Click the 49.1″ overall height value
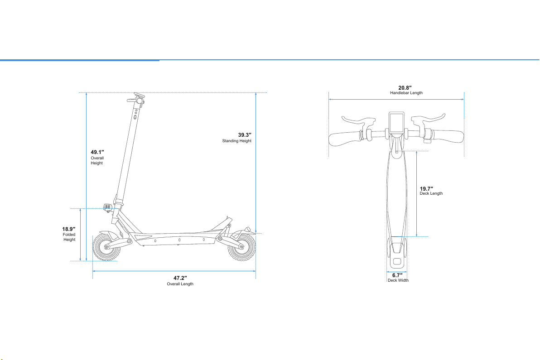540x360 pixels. point(97,152)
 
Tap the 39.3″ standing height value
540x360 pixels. point(245,135)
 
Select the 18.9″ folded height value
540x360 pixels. point(68,229)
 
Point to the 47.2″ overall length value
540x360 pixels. point(180,278)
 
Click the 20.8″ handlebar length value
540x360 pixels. point(405,88)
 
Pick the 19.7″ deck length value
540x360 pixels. point(426,189)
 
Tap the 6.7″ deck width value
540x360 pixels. point(397,275)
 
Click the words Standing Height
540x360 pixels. point(236,141)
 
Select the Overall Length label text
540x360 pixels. point(180,284)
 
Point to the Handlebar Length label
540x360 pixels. point(406,93)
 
